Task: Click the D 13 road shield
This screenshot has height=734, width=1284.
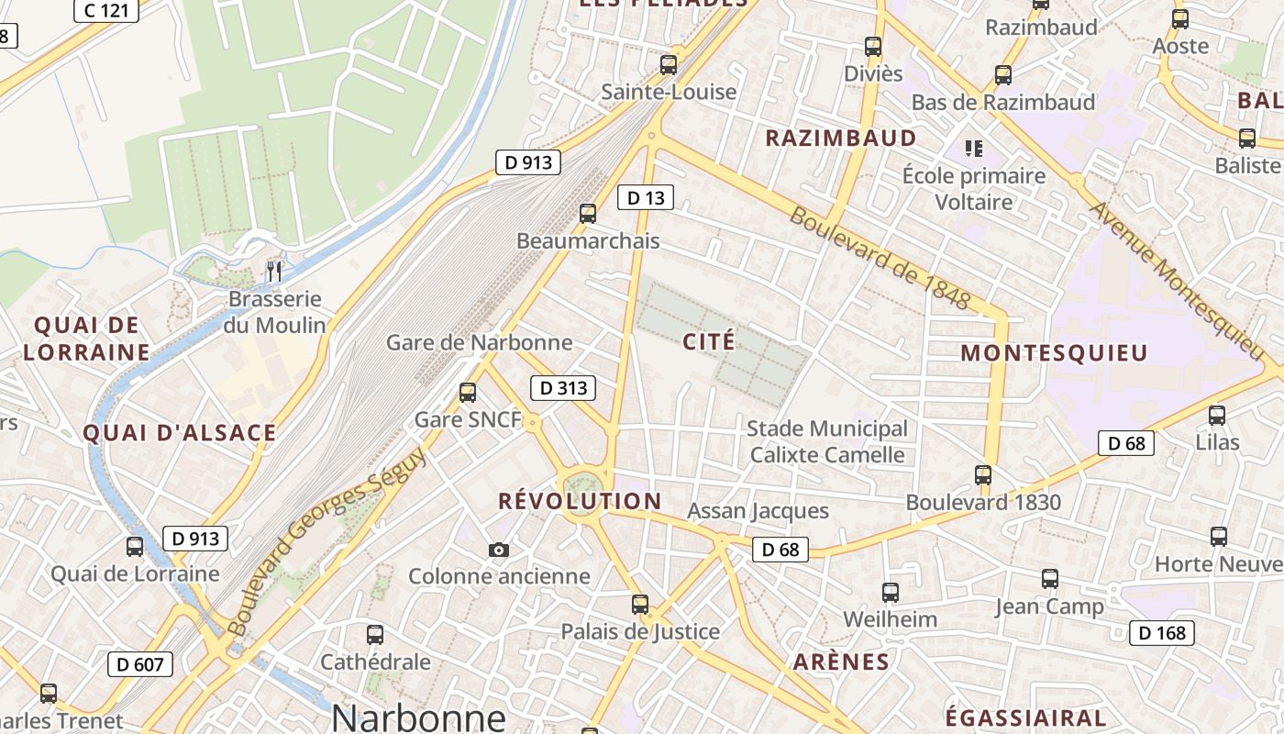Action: (x=646, y=197)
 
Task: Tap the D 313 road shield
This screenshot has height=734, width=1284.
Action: (x=563, y=388)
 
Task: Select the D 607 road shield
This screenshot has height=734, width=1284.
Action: (x=140, y=663)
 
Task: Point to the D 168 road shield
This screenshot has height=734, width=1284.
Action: (x=1161, y=633)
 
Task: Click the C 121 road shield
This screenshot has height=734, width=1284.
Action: (x=105, y=10)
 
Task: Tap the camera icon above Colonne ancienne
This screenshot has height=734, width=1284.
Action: (x=499, y=550)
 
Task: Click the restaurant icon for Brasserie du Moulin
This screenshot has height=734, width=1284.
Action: (x=273, y=272)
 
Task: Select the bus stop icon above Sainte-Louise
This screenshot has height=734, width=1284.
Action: (x=669, y=65)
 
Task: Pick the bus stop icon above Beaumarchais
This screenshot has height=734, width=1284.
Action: (x=588, y=214)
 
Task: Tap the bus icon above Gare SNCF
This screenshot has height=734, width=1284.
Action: (x=468, y=393)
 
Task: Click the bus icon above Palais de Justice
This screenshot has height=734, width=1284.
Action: (x=640, y=605)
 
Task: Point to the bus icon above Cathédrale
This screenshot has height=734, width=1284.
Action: (x=374, y=635)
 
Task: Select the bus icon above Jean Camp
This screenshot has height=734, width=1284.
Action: (x=1050, y=579)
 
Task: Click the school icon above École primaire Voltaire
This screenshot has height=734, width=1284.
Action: (x=974, y=148)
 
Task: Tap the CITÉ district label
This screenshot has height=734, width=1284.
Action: (x=709, y=342)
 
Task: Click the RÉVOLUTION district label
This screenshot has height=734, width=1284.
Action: (x=580, y=501)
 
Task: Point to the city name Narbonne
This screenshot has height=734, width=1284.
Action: (x=418, y=717)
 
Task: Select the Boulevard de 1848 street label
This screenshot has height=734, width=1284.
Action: (x=879, y=258)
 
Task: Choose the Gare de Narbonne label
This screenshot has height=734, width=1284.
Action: (x=479, y=343)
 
